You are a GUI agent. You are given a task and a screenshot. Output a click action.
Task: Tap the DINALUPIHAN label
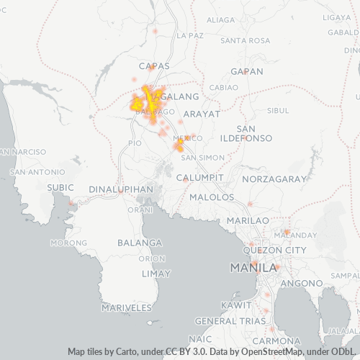point(121,189)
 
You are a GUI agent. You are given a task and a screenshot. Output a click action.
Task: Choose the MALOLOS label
point(212,197)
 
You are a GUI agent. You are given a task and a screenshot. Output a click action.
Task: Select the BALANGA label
point(140,243)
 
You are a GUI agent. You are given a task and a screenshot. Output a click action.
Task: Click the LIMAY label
point(156,274)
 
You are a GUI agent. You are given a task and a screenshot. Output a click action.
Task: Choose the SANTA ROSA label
point(246,40)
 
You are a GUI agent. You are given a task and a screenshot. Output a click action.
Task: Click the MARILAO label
point(248,220)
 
